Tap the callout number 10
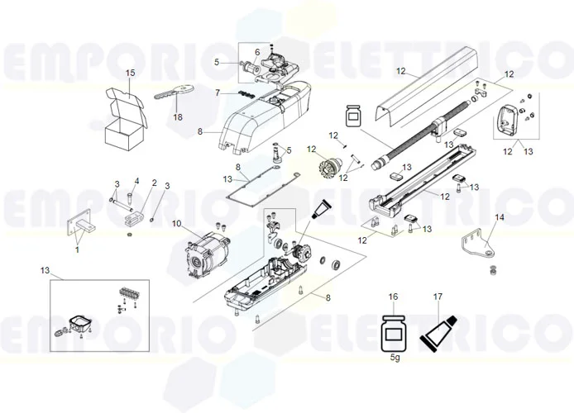click(176, 224)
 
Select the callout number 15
click(130, 74)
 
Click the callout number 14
click(499, 217)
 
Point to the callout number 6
click(257, 52)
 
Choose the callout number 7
click(218, 93)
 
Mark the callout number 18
click(178, 117)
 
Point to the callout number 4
click(137, 181)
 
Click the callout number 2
click(154, 183)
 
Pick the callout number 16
click(393, 296)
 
